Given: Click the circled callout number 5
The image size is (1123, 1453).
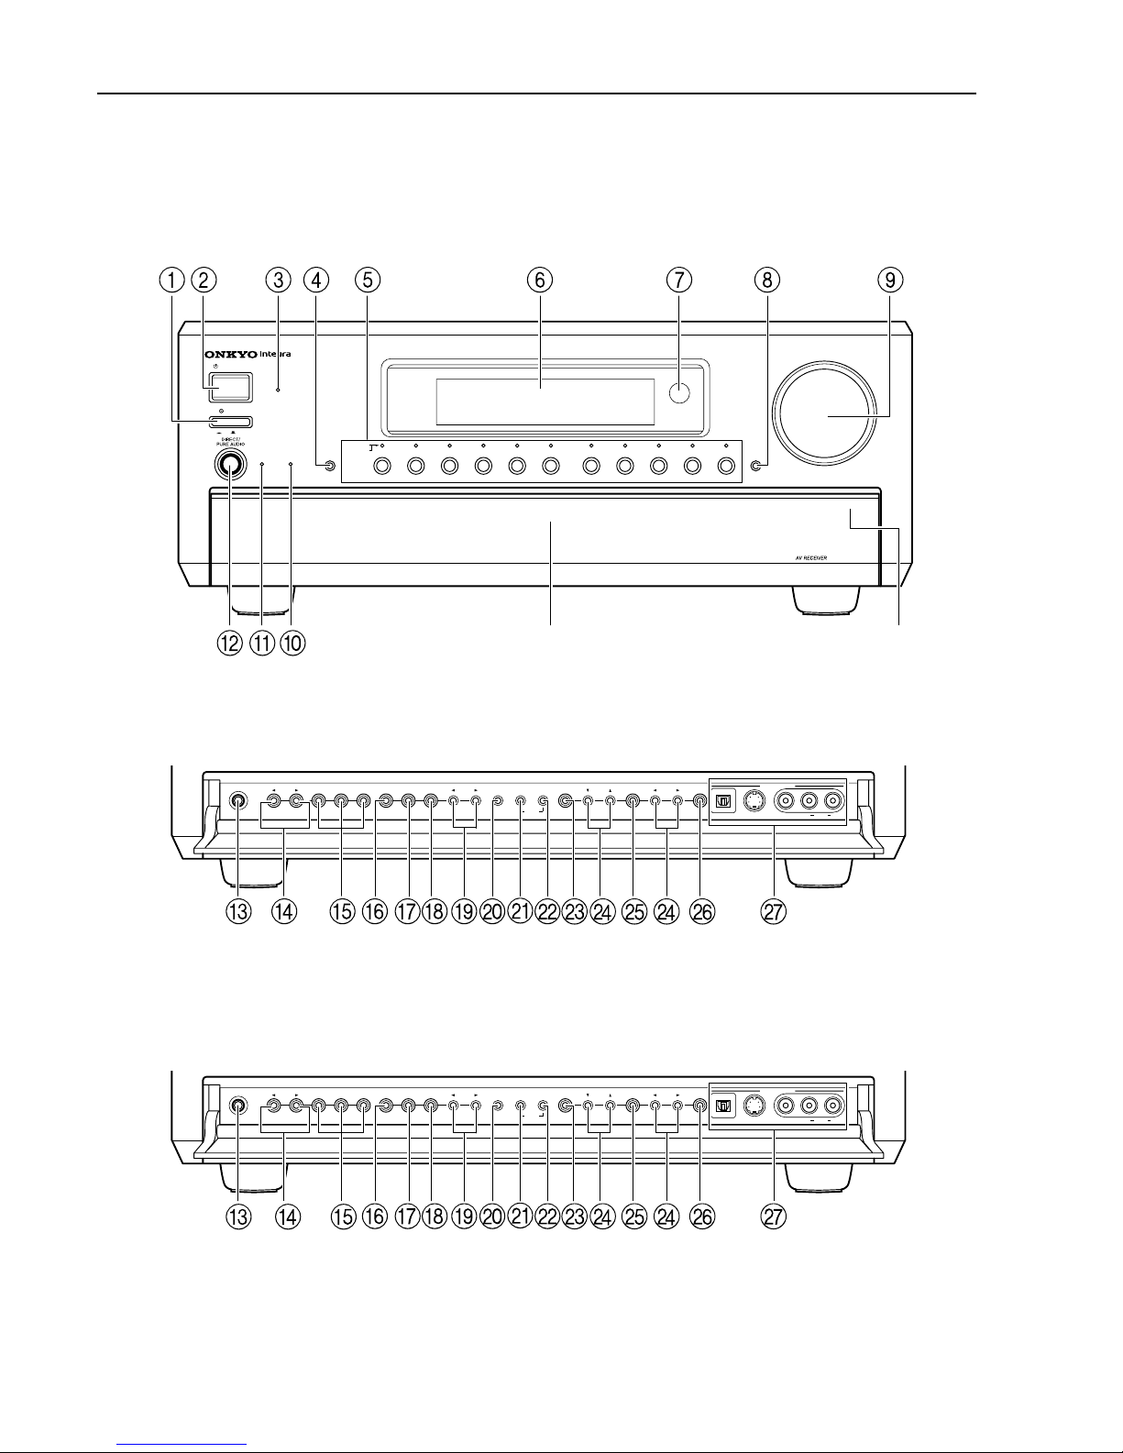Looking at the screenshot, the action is (x=367, y=280).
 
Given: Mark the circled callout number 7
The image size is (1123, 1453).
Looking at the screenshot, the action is (x=677, y=280).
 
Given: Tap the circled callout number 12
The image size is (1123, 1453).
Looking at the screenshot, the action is (x=229, y=644).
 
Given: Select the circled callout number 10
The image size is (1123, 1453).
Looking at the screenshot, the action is (x=292, y=644).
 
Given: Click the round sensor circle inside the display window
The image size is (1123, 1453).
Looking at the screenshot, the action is (x=678, y=393).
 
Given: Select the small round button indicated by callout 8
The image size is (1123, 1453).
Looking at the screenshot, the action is (x=755, y=467).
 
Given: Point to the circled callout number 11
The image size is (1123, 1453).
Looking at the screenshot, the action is (x=262, y=644).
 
